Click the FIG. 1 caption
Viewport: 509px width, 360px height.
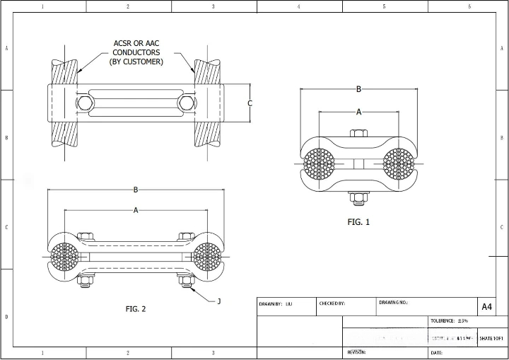pyautogui.click(x=358, y=222)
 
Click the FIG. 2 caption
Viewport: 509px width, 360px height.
pyautogui.click(x=135, y=308)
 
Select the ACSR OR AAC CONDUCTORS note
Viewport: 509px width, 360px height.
pyautogui.click(x=136, y=52)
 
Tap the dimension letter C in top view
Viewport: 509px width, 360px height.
pyautogui.click(x=250, y=103)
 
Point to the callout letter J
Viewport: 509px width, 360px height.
pyautogui.click(x=218, y=301)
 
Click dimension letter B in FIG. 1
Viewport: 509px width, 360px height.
pyautogui.click(x=358, y=89)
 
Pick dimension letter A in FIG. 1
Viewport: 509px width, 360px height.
pyautogui.click(x=358, y=112)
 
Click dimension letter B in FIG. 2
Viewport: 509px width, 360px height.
pyautogui.click(x=135, y=190)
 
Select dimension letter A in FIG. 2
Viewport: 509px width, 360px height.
pyautogui.click(x=135, y=210)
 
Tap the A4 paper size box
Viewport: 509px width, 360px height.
pyautogui.click(x=486, y=306)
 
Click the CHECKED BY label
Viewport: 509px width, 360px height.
pyautogui.click(x=332, y=303)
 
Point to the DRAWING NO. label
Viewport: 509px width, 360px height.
pyautogui.click(x=394, y=302)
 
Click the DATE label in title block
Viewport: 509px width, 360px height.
pyautogui.click(x=436, y=352)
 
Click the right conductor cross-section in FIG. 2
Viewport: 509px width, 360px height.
pyautogui.click(x=206, y=257)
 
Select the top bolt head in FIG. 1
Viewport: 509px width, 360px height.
pyautogui.click(x=358, y=134)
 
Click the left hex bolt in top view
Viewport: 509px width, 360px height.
pyautogui.click(x=85, y=103)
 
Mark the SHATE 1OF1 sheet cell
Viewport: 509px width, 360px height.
pyautogui.click(x=491, y=338)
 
